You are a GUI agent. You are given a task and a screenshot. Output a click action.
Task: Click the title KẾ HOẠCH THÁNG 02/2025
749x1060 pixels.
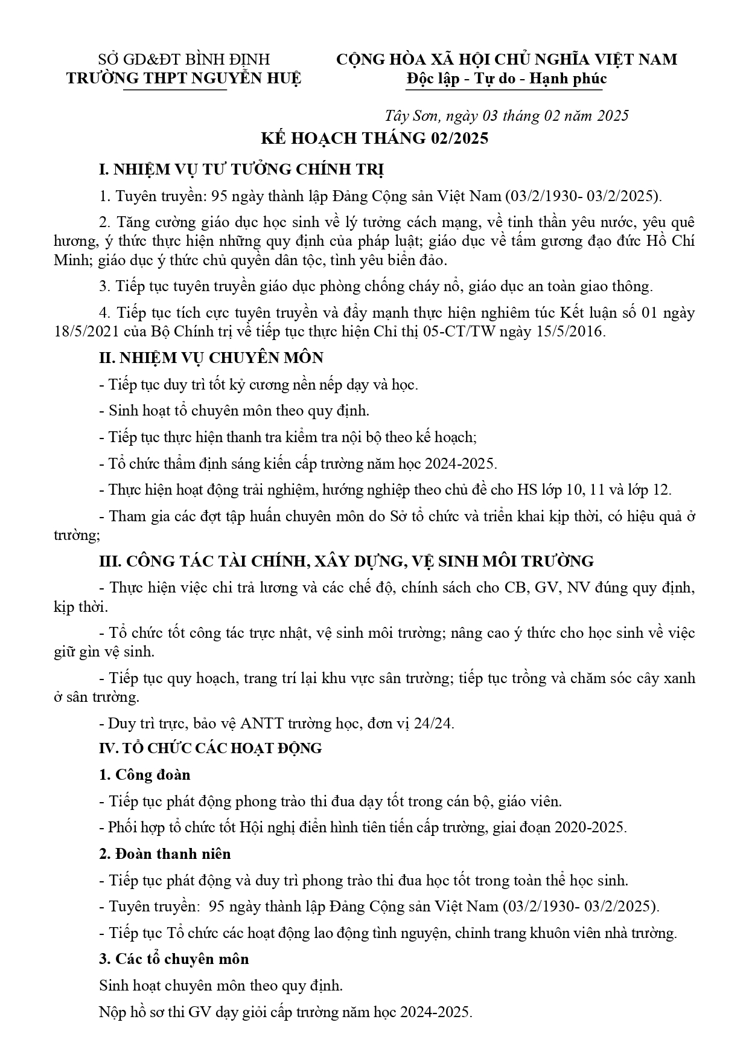pos(374,138)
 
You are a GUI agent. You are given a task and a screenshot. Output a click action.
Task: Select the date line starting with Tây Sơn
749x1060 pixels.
pos(506,115)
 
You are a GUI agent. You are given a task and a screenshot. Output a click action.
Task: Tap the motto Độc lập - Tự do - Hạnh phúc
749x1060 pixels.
pos(506,79)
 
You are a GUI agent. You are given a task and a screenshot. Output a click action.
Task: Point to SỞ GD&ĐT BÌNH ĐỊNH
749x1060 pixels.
pos(184,59)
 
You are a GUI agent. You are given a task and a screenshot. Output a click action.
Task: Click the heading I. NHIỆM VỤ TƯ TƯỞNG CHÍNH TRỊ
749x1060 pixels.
pos(241,170)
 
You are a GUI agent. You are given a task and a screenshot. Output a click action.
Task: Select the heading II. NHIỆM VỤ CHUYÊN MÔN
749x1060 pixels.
pos(211,358)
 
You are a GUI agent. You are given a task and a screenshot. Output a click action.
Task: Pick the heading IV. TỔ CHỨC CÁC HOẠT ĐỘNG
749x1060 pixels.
pos(210,748)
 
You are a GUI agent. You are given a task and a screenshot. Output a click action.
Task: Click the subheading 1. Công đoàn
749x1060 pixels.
pos(144,774)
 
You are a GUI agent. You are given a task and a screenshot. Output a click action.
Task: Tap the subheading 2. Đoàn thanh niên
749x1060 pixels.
pos(164,853)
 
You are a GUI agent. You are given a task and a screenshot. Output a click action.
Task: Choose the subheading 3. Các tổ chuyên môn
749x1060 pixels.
pos(174,959)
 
